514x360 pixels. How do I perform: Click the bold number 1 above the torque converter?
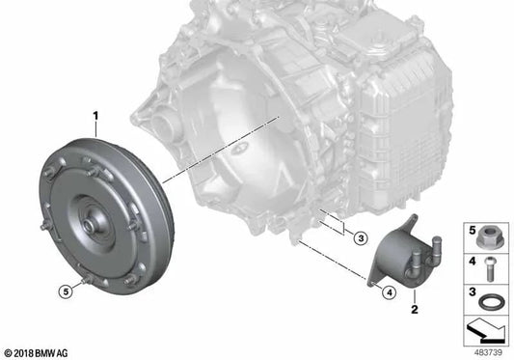click(x=95, y=116)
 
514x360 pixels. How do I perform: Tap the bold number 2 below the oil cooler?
click(x=415, y=309)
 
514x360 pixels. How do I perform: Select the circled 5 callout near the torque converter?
click(x=66, y=291)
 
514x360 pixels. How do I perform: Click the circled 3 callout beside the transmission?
click(x=361, y=238)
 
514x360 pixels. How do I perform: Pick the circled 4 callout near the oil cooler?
click(x=389, y=292)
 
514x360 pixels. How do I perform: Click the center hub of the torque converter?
click(x=89, y=225)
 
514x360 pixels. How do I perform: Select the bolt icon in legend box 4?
click(x=490, y=269)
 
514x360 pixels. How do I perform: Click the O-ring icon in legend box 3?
click(x=489, y=301)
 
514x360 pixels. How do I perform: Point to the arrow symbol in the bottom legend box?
click(x=485, y=330)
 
